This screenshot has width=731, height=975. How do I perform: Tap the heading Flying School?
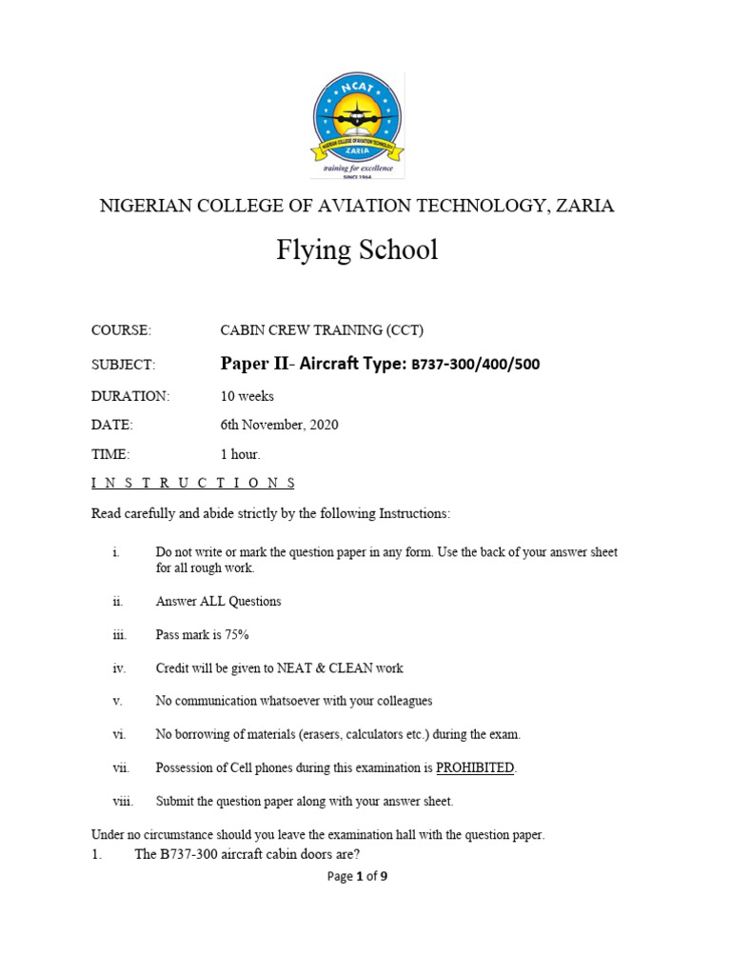[x=357, y=250]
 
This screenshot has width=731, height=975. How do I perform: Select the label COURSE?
[x=121, y=330]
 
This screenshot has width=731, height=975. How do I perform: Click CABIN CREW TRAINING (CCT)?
[x=322, y=330]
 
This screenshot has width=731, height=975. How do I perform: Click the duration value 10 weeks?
[x=247, y=396]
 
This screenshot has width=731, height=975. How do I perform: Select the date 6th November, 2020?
[x=279, y=425]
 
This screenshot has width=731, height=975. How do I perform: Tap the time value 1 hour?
[x=240, y=454]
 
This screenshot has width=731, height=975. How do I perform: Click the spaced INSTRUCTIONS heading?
[x=192, y=483]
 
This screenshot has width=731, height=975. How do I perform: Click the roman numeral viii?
[x=123, y=801]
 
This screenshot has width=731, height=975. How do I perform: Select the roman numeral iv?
[x=119, y=668]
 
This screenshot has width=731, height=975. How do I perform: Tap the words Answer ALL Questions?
[x=218, y=602]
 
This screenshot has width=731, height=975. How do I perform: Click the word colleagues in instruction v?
[x=400, y=701]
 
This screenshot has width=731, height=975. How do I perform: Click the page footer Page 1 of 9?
[x=357, y=877]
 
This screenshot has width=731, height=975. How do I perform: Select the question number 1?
[x=96, y=854]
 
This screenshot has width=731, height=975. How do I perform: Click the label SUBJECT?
[x=123, y=364]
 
